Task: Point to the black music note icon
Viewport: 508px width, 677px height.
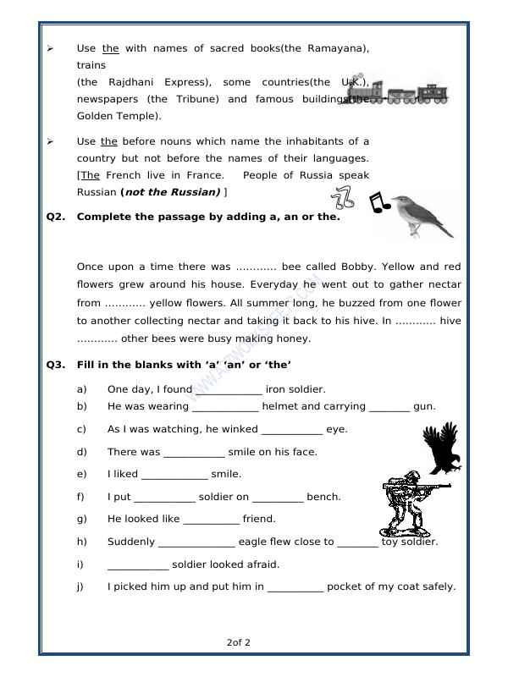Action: click(378, 202)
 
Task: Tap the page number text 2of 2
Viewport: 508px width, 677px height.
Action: click(239, 642)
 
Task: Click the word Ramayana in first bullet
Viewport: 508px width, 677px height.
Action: click(335, 48)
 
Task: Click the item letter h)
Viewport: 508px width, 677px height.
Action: click(82, 542)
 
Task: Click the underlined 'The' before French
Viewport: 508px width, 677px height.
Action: click(91, 175)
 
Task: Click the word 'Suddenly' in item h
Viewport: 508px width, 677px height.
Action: click(131, 542)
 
